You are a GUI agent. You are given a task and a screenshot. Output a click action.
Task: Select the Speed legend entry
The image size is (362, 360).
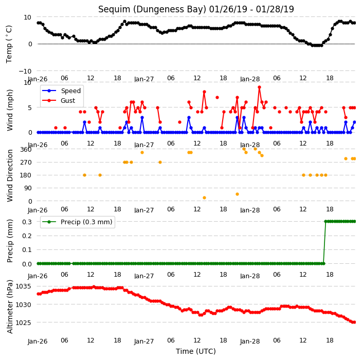pos(61,91)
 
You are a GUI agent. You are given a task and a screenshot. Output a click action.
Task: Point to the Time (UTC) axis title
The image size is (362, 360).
pos(196,351)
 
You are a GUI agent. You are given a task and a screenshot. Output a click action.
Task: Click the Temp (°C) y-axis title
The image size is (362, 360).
pos(9,44)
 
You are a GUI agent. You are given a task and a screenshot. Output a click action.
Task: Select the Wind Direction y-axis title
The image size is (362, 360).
pos(10,175)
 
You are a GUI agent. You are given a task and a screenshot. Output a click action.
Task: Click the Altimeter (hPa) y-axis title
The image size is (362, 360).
pos(10,307)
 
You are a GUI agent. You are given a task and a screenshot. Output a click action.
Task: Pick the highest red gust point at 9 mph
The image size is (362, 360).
pos(260,87)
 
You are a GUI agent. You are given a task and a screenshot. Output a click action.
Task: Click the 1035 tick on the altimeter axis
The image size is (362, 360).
pos(23,286)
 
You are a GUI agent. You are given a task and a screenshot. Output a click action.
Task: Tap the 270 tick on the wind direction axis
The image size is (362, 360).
pos(26,163)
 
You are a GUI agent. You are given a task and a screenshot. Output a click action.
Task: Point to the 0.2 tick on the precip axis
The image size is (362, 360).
pos(27,236)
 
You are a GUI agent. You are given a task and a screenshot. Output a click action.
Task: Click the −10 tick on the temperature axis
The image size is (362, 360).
pos(25,71)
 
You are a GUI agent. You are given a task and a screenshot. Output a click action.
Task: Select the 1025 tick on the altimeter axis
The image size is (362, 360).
pos(23,322)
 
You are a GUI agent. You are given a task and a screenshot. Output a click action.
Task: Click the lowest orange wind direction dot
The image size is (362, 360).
pos(204,197)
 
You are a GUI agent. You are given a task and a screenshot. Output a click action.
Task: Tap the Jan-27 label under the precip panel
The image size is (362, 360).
pos(144,276)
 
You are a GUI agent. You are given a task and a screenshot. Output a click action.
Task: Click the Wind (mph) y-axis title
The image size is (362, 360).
pos(10,110)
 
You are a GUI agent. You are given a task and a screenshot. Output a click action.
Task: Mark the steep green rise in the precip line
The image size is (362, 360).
pos(324,242)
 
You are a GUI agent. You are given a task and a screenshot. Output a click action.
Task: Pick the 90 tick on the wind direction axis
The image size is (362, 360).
pos(28,188)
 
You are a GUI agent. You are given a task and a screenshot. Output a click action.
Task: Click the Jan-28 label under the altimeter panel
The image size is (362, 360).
pos(250,341)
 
